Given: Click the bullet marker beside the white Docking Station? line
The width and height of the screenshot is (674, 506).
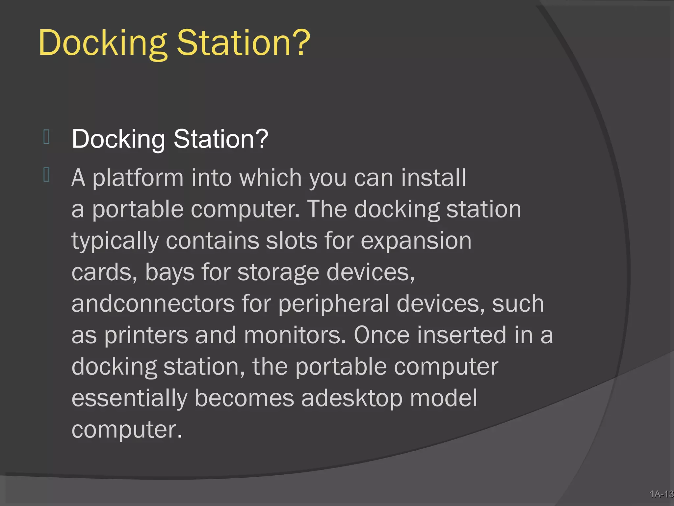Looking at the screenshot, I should [46, 137].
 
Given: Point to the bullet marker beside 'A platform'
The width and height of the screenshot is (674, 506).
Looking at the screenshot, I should [46, 175].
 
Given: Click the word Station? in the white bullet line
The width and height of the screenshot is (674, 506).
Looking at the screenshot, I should [221, 139].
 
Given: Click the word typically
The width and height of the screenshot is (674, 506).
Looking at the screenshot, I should [115, 241].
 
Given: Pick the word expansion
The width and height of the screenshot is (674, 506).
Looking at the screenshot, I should [416, 241].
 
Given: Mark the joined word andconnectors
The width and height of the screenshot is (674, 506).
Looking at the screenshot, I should [153, 304].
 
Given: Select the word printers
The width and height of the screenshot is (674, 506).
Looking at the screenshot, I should [146, 335].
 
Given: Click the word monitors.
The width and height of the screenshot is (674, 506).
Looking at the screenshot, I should [295, 335].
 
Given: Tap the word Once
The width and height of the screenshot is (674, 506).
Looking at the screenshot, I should [382, 335].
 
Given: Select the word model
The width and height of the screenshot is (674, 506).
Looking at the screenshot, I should [444, 398].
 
